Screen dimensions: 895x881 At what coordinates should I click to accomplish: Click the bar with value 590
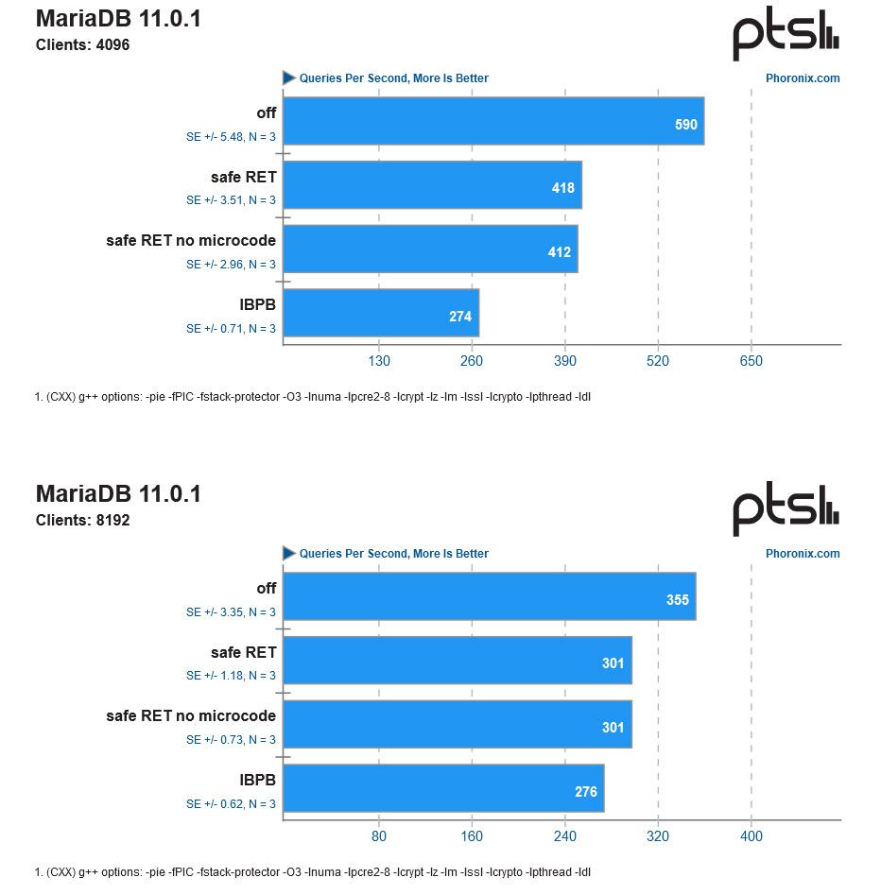click(x=492, y=121)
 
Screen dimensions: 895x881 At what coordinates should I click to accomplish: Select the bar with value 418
click(x=432, y=185)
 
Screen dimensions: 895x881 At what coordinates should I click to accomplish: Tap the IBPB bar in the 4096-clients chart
click(x=381, y=313)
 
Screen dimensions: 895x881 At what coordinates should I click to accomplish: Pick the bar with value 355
click(x=489, y=596)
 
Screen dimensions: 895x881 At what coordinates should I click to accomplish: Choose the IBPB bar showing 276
click(x=443, y=788)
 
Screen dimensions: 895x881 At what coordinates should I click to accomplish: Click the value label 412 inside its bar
click(x=560, y=252)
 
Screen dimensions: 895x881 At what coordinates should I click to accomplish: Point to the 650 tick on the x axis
click(x=751, y=361)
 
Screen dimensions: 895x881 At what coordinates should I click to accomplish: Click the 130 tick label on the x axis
click(x=378, y=361)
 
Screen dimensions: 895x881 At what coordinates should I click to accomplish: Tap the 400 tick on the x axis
click(x=751, y=836)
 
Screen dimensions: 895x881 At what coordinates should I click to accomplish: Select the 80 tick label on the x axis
click(x=378, y=836)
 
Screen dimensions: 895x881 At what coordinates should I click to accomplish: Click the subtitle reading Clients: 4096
click(x=82, y=44)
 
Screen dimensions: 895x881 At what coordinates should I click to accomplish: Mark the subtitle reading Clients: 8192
click(x=82, y=520)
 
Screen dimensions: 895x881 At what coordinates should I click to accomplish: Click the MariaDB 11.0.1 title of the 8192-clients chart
click(x=118, y=493)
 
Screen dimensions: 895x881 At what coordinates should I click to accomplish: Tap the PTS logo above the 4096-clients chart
click(x=786, y=36)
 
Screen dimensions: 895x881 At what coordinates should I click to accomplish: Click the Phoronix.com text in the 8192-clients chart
click(x=802, y=554)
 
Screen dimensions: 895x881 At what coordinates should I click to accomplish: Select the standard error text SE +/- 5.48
click(x=231, y=137)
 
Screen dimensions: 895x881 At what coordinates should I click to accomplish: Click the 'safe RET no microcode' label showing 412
click(x=191, y=240)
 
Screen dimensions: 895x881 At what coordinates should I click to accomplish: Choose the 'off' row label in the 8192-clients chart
click(x=266, y=588)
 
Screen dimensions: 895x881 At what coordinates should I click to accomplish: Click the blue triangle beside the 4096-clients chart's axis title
click(x=289, y=78)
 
